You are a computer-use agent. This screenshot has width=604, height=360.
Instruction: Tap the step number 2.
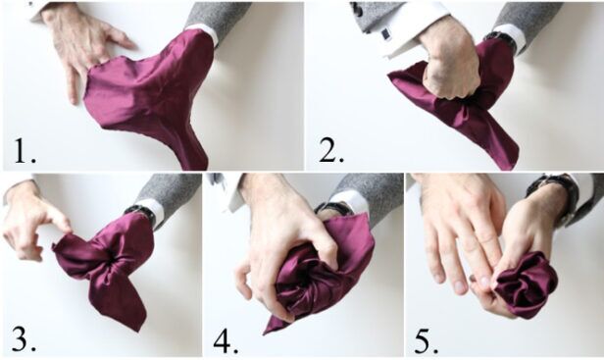330,151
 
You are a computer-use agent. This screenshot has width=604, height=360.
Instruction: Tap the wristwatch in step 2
502,41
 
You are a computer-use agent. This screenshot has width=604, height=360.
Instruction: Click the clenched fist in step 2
452,62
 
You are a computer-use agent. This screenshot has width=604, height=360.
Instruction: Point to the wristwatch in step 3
140,212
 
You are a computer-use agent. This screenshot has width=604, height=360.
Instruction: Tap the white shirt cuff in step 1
202,32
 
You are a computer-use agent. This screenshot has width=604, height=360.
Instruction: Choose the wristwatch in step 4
334,207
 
